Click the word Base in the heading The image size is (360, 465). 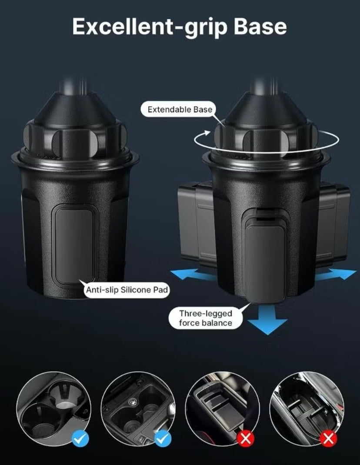click(260, 26)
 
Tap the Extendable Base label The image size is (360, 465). click(180, 110)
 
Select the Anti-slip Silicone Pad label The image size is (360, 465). click(127, 290)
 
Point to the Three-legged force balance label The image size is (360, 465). click(205, 318)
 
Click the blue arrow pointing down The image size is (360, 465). click(267, 319)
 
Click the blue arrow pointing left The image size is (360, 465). click(192, 274)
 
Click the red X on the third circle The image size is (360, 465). click(246, 438)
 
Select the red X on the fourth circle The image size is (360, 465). click(328, 438)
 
